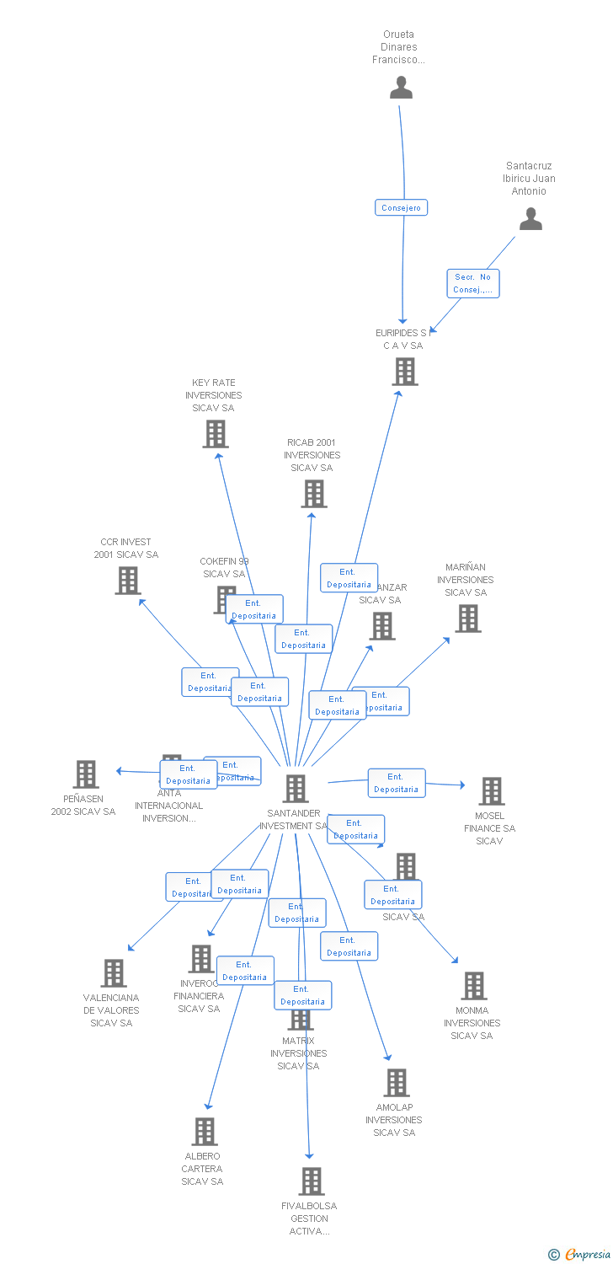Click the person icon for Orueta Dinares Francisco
pyautogui.click(x=402, y=88)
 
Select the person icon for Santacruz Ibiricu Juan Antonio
pyautogui.click(x=530, y=219)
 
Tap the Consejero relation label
pyautogui.click(x=402, y=207)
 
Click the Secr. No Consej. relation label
pyautogui.click(x=472, y=283)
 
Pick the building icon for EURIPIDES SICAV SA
pyautogui.click(x=405, y=372)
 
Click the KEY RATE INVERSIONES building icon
pyautogui.click(x=216, y=434)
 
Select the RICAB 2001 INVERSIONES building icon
pyautogui.click(x=314, y=494)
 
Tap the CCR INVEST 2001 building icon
pyautogui.click(x=128, y=581)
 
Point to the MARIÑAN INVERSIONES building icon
pyautogui.click(x=468, y=619)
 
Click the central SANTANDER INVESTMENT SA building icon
pyautogui.click(x=296, y=789)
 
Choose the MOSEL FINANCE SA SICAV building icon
pyautogui.click(x=492, y=791)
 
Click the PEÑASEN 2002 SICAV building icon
pyautogui.click(x=86, y=774)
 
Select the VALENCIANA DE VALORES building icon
pyautogui.click(x=114, y=973)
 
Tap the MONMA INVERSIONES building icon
pyautogui.click(x=474, y=986)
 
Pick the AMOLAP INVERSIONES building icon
pyautogui.click(x=396, y=1083)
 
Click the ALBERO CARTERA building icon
pyautogui.click(x=205, y=1132)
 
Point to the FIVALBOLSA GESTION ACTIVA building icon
pyautogui.click(x=312, y=1181)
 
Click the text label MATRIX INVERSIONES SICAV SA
pyautogui.click(x=299, y=1053)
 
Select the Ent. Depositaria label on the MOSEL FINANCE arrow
pyautogui.click(x=397, y=783)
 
